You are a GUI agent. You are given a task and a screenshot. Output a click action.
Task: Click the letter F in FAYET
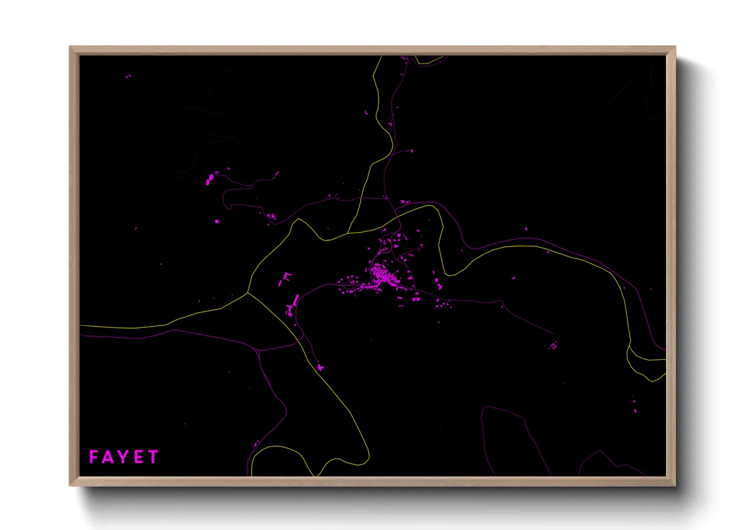(x=93, y=457)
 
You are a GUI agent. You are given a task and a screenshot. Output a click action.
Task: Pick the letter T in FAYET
(x=153, y=457)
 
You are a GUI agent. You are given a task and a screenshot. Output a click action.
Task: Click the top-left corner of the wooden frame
(x=70, y=47)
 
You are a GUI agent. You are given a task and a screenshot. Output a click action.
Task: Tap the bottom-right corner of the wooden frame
(x=675, y=485)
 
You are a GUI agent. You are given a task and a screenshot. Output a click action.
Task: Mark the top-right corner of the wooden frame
(x=675, y=47)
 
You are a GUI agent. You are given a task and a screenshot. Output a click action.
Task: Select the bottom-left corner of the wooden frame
(x=70, y=485)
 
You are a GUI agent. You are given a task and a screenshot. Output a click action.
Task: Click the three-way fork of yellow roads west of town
(x=247, y=293)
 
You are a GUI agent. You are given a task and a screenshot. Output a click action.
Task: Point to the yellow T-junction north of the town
(x=348, y=233)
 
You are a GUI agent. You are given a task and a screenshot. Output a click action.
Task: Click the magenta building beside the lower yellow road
(x=320, y=368)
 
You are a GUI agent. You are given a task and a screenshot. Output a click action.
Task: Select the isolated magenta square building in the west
(x=217, y=221)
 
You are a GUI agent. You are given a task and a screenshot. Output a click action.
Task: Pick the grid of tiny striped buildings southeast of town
(x=553, y=345)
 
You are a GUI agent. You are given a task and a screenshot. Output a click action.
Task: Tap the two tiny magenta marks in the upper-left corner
(x=128, y=76)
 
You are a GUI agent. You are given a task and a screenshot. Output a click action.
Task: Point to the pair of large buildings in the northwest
(x=209, y=179)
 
